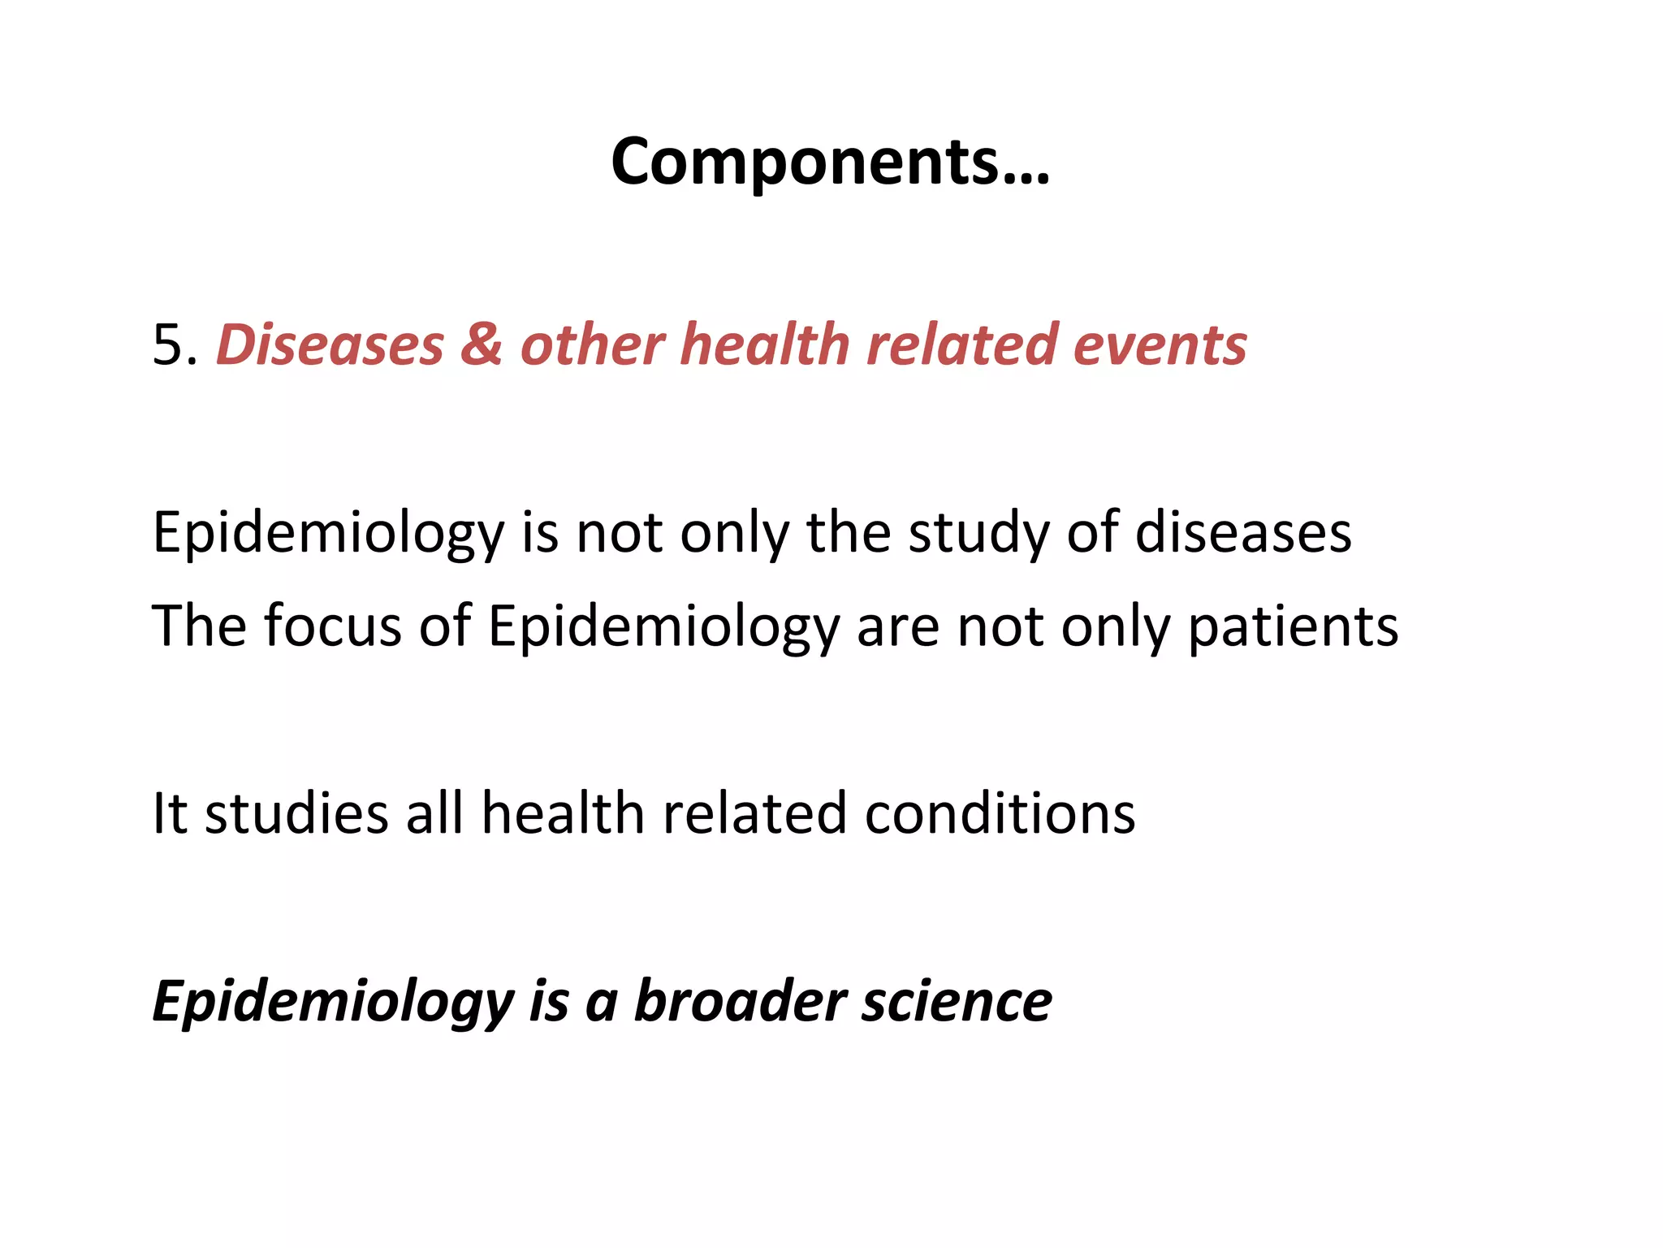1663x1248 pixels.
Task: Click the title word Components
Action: (830, 162)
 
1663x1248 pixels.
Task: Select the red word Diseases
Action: (330, 345)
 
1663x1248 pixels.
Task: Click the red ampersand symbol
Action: (482, 345)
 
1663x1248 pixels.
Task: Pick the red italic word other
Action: (592, 345)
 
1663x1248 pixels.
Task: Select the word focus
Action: (333, 626)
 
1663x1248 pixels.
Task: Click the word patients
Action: (1293, 628)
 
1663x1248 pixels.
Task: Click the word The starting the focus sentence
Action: (199, 626)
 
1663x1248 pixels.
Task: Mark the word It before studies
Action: (170, 813)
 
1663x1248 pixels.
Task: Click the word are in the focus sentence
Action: (897, 628)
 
